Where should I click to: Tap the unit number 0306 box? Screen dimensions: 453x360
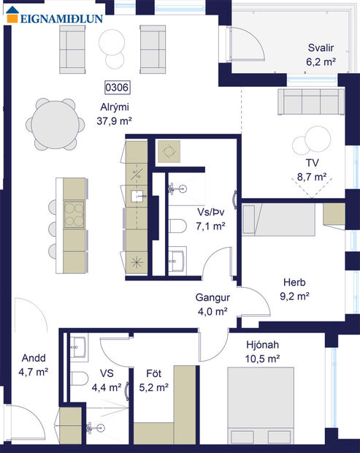pyautogui.click(x=118, y=88)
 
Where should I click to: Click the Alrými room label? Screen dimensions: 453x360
pyautogui.click(x=115, y=107)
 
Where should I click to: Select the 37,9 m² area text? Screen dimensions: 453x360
pyautogui.click(x=115, y=121)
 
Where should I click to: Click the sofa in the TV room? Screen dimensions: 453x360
pyautogui.click(x=308, y=102)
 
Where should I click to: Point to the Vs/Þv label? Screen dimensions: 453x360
pyautogui.click(x=210, y=212)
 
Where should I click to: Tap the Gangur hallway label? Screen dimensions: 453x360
pyautogui.click(x=212, y=297)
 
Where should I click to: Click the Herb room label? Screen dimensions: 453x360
pyautogui.click(x=295, y=283)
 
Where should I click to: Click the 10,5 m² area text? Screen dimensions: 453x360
pyautogui.click(x=264, y=359)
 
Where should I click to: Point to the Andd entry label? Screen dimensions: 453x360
pyautogui.click(x=32, y=359)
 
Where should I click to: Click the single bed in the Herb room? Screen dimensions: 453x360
pyautogui.click(x=281, y=221)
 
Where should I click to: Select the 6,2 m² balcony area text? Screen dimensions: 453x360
pyautogui.click(x=321, y=61)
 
